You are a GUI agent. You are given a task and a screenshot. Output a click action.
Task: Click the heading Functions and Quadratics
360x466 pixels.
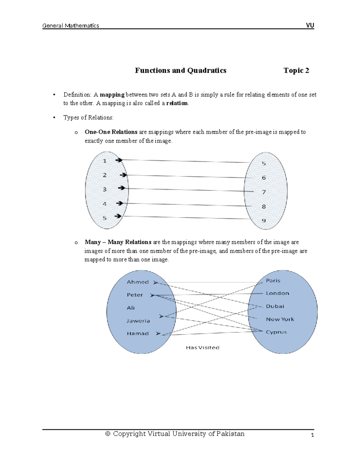coord(181,71)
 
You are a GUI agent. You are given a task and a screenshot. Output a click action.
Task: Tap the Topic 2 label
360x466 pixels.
coord(296,71)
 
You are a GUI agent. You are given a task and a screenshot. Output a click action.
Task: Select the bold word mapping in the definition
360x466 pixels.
coord(112,95)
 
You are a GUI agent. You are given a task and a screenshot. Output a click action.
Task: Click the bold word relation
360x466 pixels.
coord(177,103)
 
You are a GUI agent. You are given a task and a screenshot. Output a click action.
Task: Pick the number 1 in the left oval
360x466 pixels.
coord(105,161)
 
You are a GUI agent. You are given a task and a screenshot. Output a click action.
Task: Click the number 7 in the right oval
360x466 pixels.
coord(264,192)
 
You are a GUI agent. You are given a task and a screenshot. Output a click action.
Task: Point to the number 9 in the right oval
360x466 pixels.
coord(264,221)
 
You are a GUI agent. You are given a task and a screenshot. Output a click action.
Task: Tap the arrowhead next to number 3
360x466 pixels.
coord(121,188)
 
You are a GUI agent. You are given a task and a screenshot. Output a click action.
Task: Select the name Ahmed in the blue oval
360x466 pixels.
coord(138,282)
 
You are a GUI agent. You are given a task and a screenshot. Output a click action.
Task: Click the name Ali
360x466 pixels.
coord(131,308)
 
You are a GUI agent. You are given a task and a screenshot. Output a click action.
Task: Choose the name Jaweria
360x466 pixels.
coord(138,321)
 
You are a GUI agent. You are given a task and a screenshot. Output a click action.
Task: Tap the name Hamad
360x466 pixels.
coord(138,334)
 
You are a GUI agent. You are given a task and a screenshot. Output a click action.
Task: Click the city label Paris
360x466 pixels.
coord(273,281)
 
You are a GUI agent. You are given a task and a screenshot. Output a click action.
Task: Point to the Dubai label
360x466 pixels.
coord(275,306)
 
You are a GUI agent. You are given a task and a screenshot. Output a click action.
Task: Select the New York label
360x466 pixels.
coord(280,319)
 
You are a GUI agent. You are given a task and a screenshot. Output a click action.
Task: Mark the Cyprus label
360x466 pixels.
coord(276,332)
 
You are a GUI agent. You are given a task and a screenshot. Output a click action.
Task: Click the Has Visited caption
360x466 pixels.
coord(202,348)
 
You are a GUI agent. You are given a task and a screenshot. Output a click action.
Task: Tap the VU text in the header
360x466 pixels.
coord(310,26)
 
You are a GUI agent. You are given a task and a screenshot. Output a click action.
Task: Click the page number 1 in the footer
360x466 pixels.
coord(312,435)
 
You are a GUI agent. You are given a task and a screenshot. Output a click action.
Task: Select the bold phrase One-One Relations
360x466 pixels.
coord(111,132)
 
